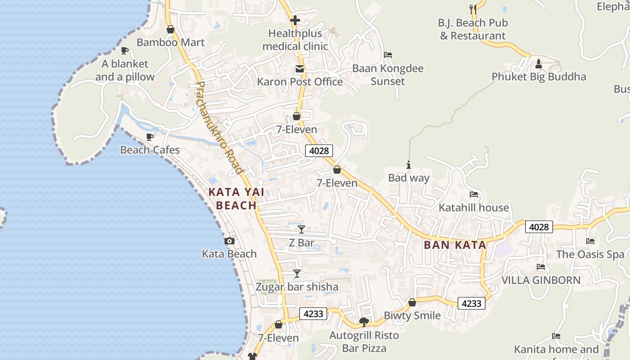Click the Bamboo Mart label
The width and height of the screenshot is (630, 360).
[171, 42]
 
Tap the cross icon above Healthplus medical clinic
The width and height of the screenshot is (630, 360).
[295, 20]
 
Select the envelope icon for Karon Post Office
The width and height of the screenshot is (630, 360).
[299, 69]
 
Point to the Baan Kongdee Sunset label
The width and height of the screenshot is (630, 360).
[387, 75]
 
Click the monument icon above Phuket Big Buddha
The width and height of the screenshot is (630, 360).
[539, 64]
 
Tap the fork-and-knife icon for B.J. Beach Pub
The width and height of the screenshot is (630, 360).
[472, 9]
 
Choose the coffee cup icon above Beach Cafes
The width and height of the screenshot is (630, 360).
[150, 137]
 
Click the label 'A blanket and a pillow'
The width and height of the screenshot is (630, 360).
[125, 70]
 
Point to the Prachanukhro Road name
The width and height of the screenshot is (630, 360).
[219, 128]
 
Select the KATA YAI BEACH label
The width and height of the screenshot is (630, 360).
[232, 198]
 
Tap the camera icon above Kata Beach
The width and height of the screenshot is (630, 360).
[229, 241]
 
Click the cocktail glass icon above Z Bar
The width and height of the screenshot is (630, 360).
[301, 229]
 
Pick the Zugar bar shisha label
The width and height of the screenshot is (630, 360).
[297, 287]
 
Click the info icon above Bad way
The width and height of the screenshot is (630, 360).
[409, 165]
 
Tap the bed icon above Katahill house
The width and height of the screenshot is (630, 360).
[473, 194]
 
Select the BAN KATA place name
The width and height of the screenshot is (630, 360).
[455, 245]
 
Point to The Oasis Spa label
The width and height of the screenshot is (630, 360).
[590, 254]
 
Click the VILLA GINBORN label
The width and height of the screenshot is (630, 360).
[541, 280]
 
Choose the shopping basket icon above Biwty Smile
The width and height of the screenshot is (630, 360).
[412, 302]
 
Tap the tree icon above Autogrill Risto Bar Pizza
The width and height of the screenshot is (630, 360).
[364, 322]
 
